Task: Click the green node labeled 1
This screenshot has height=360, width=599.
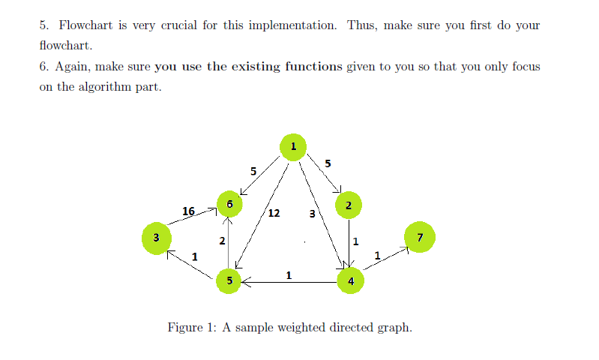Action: (x=293, y=146)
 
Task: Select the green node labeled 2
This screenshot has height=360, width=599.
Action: (x=349, y=204)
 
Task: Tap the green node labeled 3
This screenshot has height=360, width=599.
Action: (x=155, y=238)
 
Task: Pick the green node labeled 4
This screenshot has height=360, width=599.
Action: (x=350, y=281)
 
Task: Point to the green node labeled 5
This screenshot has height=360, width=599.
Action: (x=229, y=280)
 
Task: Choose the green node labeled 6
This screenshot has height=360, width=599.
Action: (x=229, y=203)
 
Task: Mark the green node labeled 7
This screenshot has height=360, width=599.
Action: (x=419, y=238)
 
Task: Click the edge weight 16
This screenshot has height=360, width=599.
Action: (x=189, y=211)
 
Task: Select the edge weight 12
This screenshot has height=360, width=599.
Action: (x=274, y=213)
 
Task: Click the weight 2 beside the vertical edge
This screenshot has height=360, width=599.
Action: (x=222, y=241)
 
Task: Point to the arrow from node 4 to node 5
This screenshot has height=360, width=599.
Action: (x=289, y=282)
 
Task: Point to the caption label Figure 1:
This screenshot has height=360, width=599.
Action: (x=193, y=328)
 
